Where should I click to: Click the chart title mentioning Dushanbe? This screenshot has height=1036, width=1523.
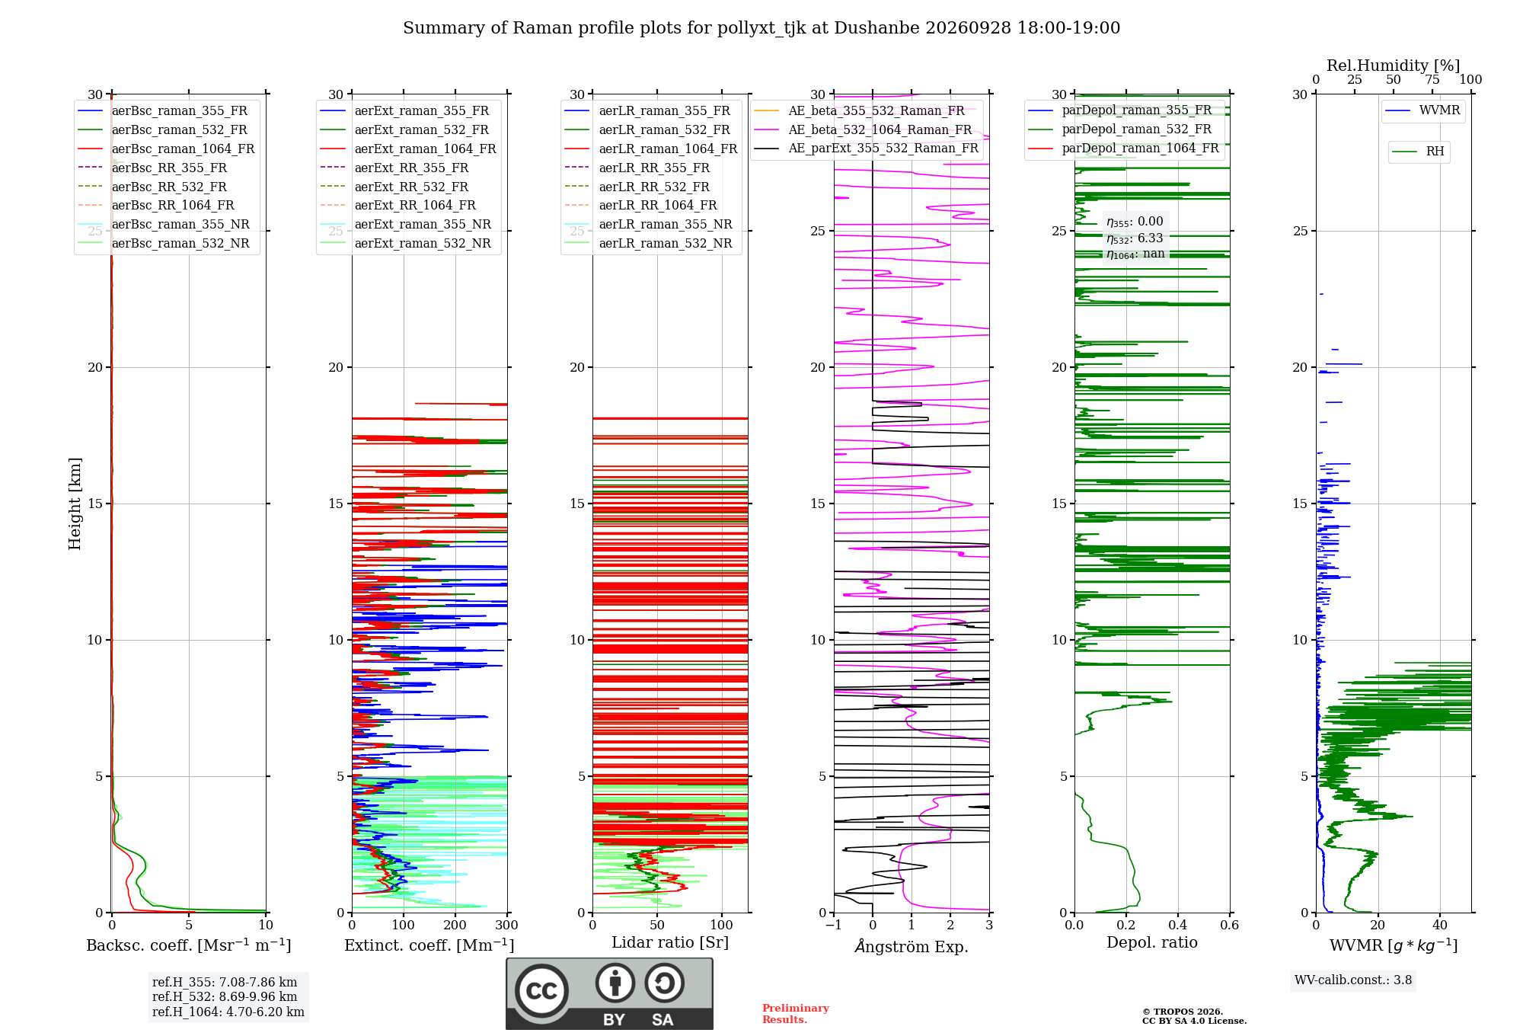pyautogui.click(x=761, y=28)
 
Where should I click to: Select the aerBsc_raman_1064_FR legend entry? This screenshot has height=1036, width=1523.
pyautogui.click(x=166, y=149)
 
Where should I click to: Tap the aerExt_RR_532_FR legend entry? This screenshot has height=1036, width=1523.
pyautogui.click(x=394, y=187)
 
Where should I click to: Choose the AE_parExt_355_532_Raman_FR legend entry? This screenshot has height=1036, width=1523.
pyautogui.click(x=867, y=148)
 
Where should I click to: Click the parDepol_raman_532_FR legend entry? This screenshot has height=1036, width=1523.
pyautogui.click(x=1120, y=129)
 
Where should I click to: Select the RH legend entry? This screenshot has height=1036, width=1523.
pyautogui.click(x=1419, y=152)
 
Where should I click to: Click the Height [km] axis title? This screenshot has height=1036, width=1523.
pyautogui.click(x=75, y=504)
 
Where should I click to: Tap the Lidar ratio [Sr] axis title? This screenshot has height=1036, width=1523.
pyautogui.click(x=670, y=942)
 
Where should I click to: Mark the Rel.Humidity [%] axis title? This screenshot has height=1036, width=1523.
pyautogui.click(x=1394, y=66)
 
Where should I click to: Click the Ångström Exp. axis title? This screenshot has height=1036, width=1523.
pyautogui.click(x=912, y=946)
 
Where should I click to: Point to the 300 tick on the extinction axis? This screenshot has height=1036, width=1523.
pyautogui.click(x=506, y=926)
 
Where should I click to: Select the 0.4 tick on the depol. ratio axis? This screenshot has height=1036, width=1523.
pyautogui.click(x=1178, y=926)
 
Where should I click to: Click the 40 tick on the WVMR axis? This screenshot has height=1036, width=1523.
pyautogui.click(x=1440, y=926)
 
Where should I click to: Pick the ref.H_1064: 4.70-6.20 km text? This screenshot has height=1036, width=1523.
pyautogui.click(x=228, y=1012)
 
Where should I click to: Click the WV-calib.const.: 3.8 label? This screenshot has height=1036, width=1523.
pyautogui.click(x=1353, y=980)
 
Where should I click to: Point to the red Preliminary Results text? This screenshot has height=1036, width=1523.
pyautogui.click(x=796, y=1014)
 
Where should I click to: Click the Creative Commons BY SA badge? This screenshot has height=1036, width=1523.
pyautogui.click(x=609, y=994)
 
